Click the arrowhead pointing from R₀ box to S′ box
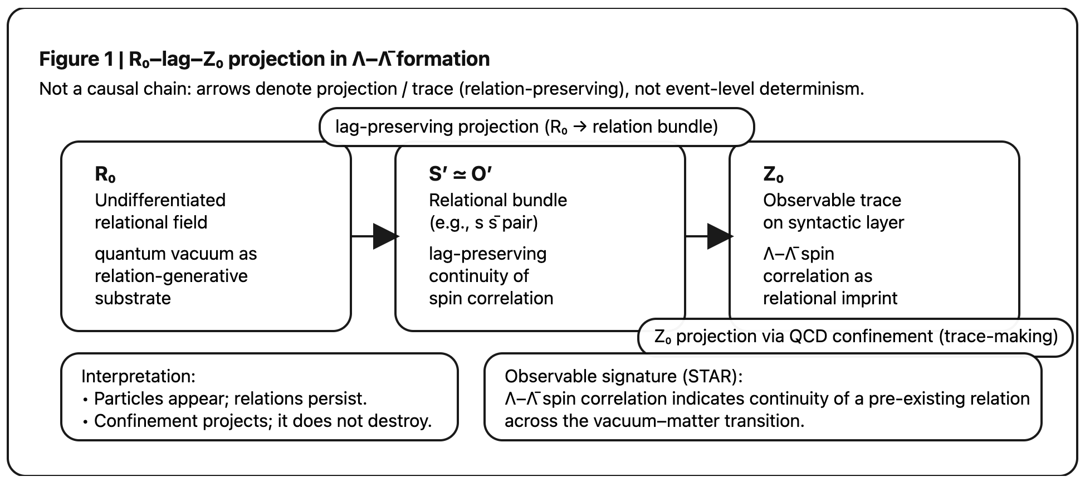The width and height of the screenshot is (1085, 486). coord(385,236)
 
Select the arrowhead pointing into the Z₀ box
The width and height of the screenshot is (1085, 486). coord(719,236)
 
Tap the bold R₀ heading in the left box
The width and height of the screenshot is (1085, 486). coord(105,174)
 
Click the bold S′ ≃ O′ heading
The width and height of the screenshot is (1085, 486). coord(460,174)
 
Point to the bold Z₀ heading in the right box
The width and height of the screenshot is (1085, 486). coord(773,174)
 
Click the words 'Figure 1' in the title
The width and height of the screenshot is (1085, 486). coord(76,59)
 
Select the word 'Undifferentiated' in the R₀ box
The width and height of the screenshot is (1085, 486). coord(160,200)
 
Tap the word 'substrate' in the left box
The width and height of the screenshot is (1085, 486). coord(133,298)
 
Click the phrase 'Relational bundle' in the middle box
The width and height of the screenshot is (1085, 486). coord(497,200)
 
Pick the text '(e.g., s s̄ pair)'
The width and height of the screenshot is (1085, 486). coord(483,222)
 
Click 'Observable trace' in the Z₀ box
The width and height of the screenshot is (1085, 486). coord(832,200)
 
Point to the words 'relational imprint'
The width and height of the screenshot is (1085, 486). coord(830,298)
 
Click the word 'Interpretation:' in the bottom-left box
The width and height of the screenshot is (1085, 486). coord(138,376)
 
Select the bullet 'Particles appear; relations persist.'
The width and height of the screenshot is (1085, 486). coord(230,398)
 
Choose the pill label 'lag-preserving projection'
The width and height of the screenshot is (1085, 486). coord(436,127)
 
